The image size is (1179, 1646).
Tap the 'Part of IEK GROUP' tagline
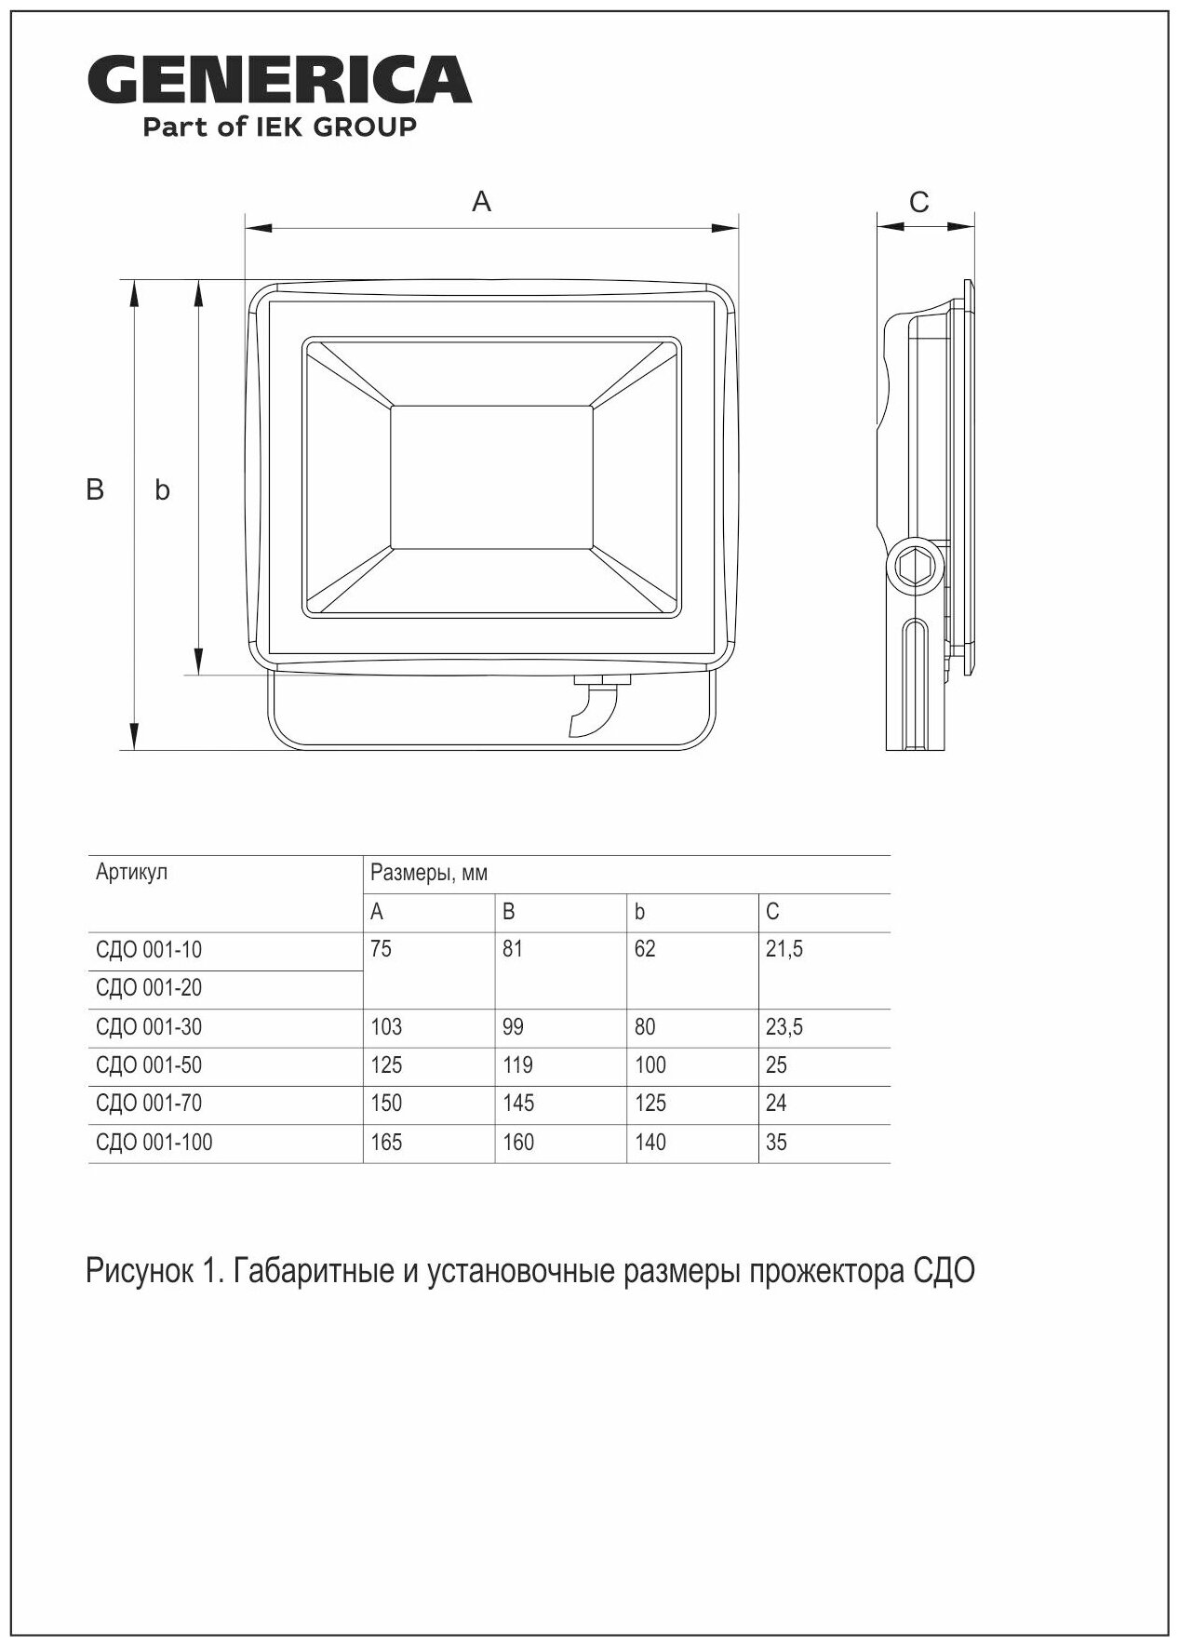coord(279,127)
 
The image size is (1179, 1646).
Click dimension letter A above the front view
coord(481,201)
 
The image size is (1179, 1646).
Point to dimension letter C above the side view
coord(918,202)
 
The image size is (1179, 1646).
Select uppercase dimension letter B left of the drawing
coord(95,489)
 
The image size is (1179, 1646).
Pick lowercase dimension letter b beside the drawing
coord(162,490)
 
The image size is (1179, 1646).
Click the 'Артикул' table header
coord(131,873)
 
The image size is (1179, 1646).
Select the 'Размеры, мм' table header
coord(428,873)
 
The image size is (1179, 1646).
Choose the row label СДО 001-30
coord(149,1027)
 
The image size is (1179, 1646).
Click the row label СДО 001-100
coord(154,1142)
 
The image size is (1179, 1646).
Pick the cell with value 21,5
coord(784,950)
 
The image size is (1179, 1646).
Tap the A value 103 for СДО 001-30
coord(386,1027)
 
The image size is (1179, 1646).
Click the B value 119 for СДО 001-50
coord(517,1065)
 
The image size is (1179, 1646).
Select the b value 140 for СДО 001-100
coord(650,1142)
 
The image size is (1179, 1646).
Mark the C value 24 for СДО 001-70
coord(776,1104)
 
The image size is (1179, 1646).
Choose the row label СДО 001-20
coord(149,988)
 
